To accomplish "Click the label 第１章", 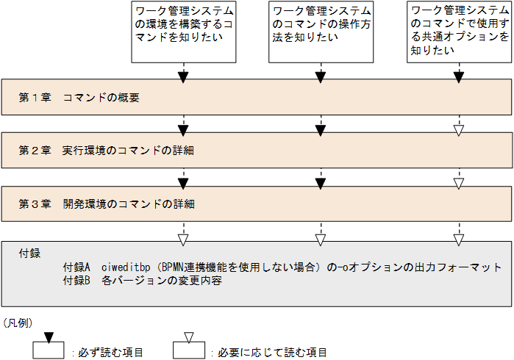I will (35, 98).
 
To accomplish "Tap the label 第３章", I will (35, 204).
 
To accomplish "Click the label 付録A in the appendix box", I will (76, 267).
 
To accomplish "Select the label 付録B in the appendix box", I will (76, 281).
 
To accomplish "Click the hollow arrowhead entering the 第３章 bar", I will (459, 183).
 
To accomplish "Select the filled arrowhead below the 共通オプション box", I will (459, 77).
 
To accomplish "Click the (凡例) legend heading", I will (17, 323).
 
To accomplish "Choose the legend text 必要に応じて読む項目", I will (272, 353).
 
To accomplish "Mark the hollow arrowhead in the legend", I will (189, 338).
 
